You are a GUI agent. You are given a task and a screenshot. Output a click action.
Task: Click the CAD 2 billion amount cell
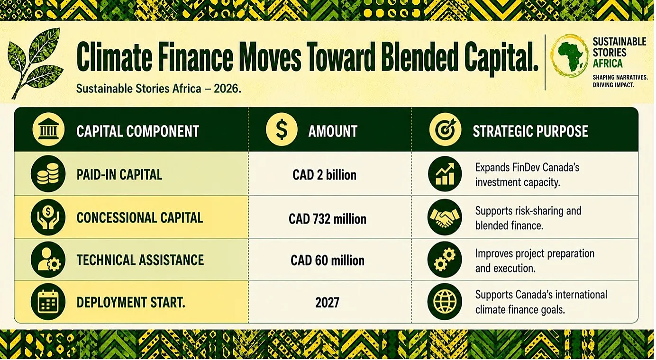point(325,175)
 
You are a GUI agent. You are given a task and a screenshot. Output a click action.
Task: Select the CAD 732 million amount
point(328,219)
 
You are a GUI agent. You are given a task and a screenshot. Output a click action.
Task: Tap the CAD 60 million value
point(328,261)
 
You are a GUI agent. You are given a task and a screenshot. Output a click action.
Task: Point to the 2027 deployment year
point(327,303)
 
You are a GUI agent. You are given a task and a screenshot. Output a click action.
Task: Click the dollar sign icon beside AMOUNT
point(282,130)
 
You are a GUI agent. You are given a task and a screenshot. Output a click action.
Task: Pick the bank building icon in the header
point(49,130)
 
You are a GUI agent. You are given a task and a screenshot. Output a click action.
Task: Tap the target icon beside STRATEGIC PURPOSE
point(445,130)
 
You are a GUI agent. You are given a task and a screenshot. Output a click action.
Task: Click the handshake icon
point(445,217)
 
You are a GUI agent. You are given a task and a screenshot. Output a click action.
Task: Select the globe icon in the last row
point(445,302)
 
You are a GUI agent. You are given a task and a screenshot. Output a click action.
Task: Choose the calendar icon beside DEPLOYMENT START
point(48,302)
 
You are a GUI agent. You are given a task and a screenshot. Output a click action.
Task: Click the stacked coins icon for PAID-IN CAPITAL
point(48,174)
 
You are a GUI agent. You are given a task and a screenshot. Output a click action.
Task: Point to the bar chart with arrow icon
point(445,174)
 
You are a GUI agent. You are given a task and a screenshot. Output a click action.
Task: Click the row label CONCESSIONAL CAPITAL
point(140,218)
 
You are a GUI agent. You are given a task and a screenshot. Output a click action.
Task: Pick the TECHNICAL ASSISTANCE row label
point(140,260)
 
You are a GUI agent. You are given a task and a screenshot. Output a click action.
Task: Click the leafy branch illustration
point(35,63)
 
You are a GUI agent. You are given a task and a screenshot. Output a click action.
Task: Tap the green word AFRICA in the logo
point(608,63)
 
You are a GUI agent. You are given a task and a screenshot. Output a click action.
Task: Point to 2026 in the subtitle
point(227,89)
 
